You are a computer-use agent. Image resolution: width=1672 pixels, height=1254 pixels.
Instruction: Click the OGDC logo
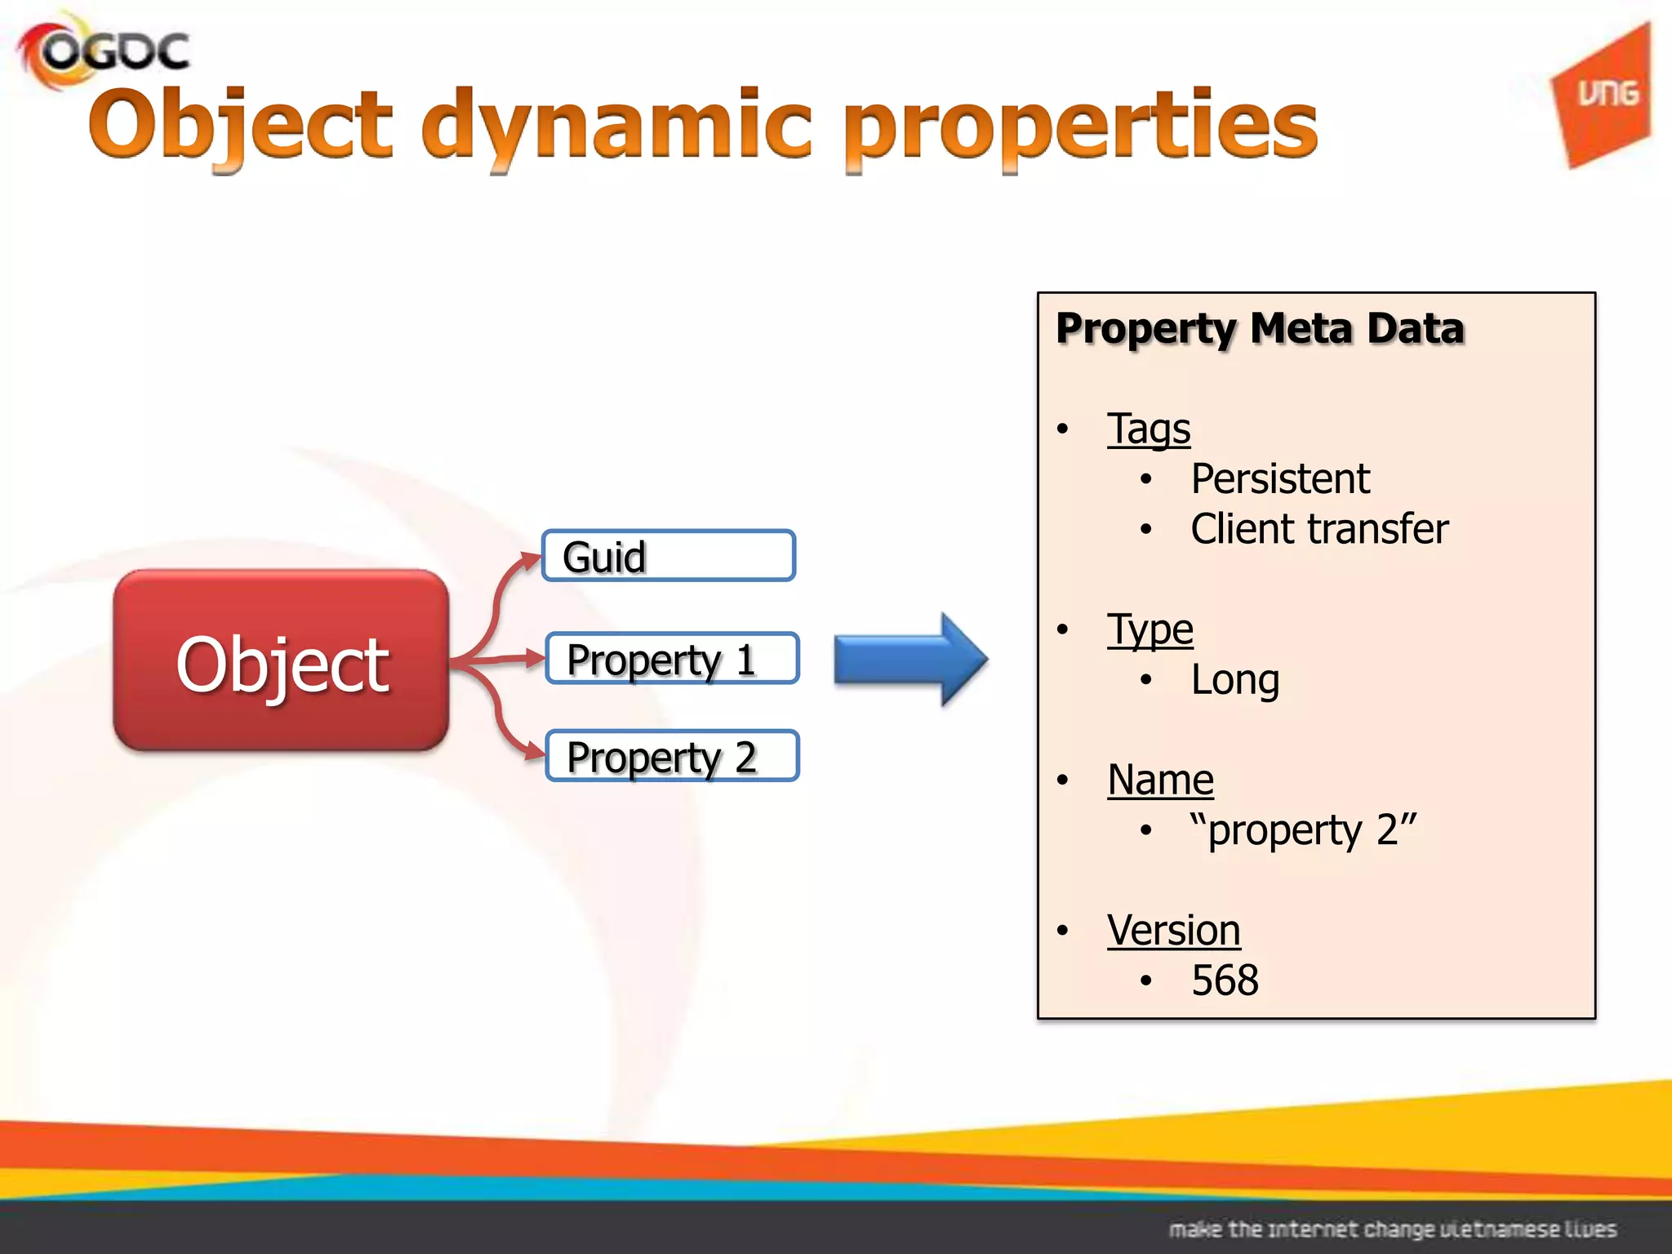pyautogui.click(x=104, y=51)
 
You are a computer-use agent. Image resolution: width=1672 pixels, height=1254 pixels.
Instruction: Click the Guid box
pyautogui.click(x=668, y=556)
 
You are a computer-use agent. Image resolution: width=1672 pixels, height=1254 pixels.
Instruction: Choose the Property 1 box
pyautogui.click(x=671, y=659)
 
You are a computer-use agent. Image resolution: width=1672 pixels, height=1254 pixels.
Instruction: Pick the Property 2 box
pyautogui.click(x=671, y=756)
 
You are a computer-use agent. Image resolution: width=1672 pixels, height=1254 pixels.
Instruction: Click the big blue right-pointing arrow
pyautogui.click(x=910, y=659)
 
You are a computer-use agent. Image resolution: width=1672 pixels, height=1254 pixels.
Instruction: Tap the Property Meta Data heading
pyautogui.click(x=1260, y=329)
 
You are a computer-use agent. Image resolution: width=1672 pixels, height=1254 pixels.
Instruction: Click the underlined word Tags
pyautogui.click(x=1149, y=429)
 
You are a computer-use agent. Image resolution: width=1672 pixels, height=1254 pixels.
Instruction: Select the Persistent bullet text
pyautogui.click(x=1279, y=479)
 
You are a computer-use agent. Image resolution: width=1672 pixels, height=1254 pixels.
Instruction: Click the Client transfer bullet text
pyautogui.click(x=1318, y=529)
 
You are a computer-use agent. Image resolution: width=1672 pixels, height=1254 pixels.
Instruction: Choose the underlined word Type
pyautogui.click(x=1149, y=630)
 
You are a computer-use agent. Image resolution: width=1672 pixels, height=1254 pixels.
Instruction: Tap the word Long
pyautogui.click(x=1234, y=680)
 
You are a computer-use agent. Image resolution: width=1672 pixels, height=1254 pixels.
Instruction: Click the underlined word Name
pyautogui.click(x=1160, y=780)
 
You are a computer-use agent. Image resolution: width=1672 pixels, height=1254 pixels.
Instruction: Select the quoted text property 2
pyautogui.click(x=1303, y=830)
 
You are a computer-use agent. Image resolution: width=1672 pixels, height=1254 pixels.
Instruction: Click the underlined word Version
pyautogui.click(x=1173, y=931)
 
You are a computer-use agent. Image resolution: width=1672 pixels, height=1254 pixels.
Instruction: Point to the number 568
pyautogui.click(x=1225, y=981)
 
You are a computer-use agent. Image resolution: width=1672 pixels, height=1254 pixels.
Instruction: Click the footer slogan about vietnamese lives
pyautogui.click(x=1392, y=1229)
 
